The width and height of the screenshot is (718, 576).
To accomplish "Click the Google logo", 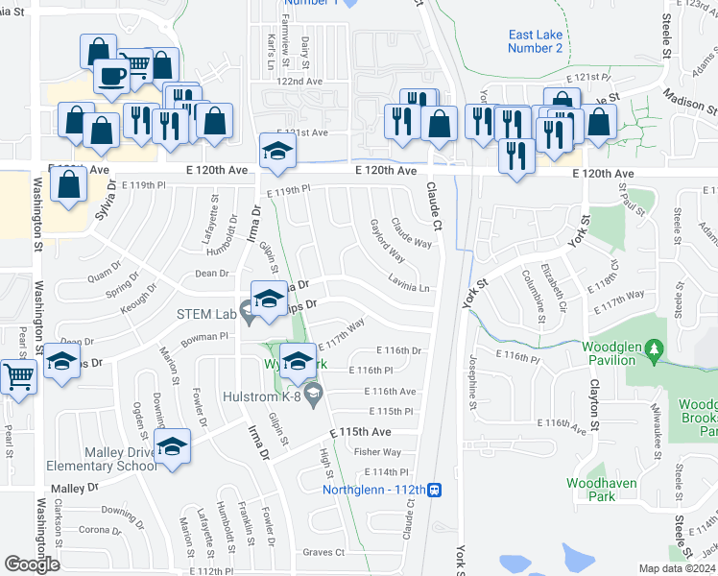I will (x=32, y=564).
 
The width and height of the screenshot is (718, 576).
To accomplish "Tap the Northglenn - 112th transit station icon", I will (x=435, y=490).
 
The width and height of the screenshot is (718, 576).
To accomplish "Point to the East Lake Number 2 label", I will (x=536, y=41).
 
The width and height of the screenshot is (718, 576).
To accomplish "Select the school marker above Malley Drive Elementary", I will (x=172, y=446).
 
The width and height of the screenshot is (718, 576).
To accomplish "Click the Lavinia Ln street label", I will (x=409, y=287).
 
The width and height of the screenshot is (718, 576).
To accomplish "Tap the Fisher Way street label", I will (x=377, y=452).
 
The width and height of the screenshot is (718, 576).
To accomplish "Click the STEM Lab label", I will (x=205, y=313).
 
